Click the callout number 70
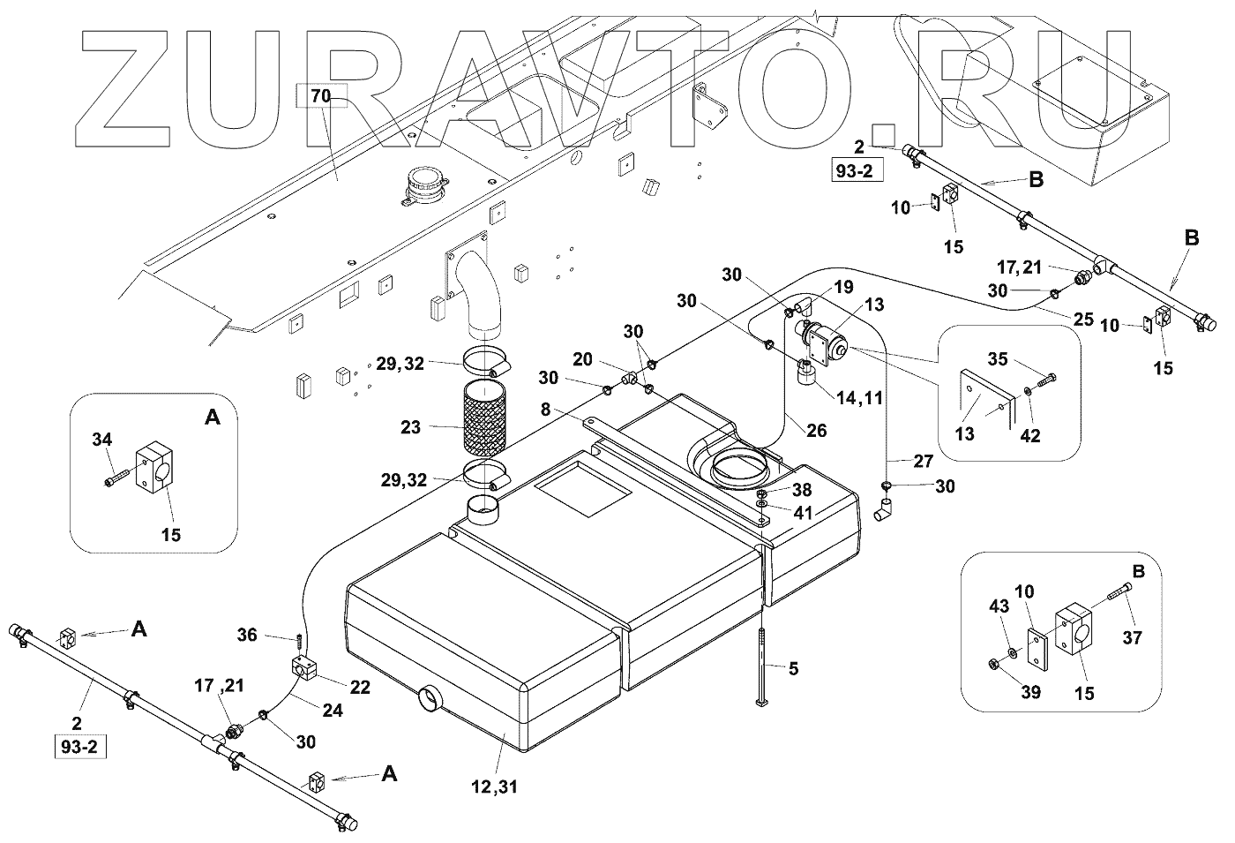tap(318, 96)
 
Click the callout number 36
tap(247, 634)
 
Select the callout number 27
tap(922, 461)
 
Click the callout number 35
tap(998, 359)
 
